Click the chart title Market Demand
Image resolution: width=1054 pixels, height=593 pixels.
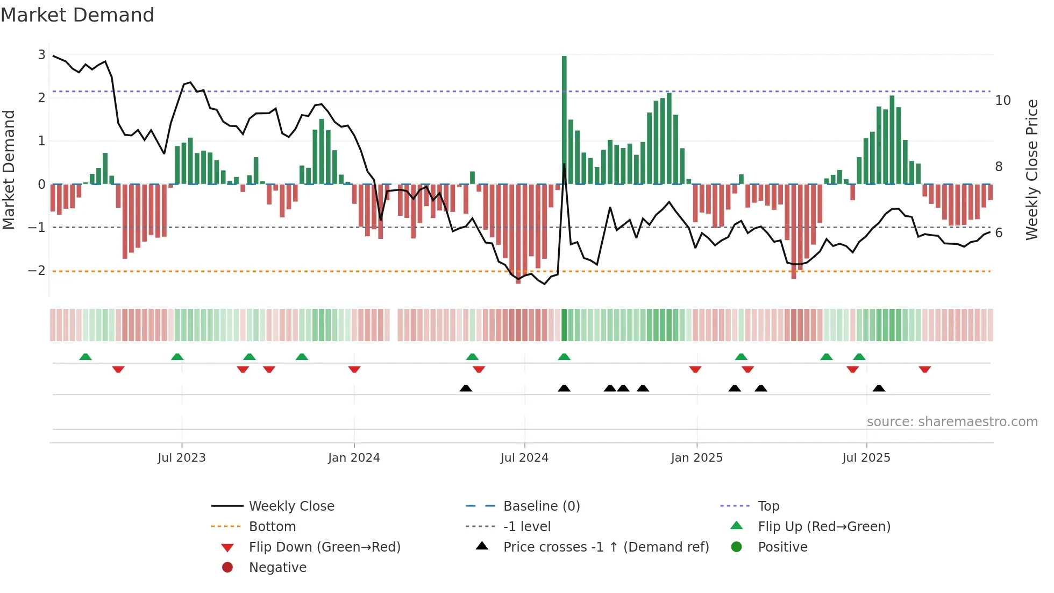click(77, 15)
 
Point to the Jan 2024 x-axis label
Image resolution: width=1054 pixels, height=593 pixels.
click(354, 458)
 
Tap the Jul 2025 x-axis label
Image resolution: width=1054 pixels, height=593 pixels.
click(866, 458)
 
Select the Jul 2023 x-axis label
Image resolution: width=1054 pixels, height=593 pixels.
click(182, 458)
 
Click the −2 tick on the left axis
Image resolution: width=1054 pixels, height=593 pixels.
click(37, 271)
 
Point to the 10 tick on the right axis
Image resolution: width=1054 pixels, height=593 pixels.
click(1003, 101)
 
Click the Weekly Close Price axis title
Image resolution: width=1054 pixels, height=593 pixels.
click(1031, 170)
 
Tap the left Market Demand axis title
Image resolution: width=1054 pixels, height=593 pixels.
click(9, 170)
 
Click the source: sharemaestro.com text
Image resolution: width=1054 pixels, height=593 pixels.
click(952, 421)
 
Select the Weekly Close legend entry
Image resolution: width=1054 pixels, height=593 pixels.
click(291, 506)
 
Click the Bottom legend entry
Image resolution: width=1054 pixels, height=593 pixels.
click(272, 527)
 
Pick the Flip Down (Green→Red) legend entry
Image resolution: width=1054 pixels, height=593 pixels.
click(324, 547)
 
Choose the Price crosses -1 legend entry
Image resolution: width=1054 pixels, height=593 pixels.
click(606, 547)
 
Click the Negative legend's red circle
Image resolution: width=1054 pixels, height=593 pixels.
click(227, 568)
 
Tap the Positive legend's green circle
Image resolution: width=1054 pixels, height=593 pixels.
click(737, 547)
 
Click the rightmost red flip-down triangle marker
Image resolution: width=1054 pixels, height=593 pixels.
click(925, 369)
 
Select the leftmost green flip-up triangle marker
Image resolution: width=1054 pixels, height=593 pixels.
click(86, 357)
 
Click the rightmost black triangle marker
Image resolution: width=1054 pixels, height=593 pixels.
click(879, 388)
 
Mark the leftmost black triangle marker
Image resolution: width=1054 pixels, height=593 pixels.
click(466, 388)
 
